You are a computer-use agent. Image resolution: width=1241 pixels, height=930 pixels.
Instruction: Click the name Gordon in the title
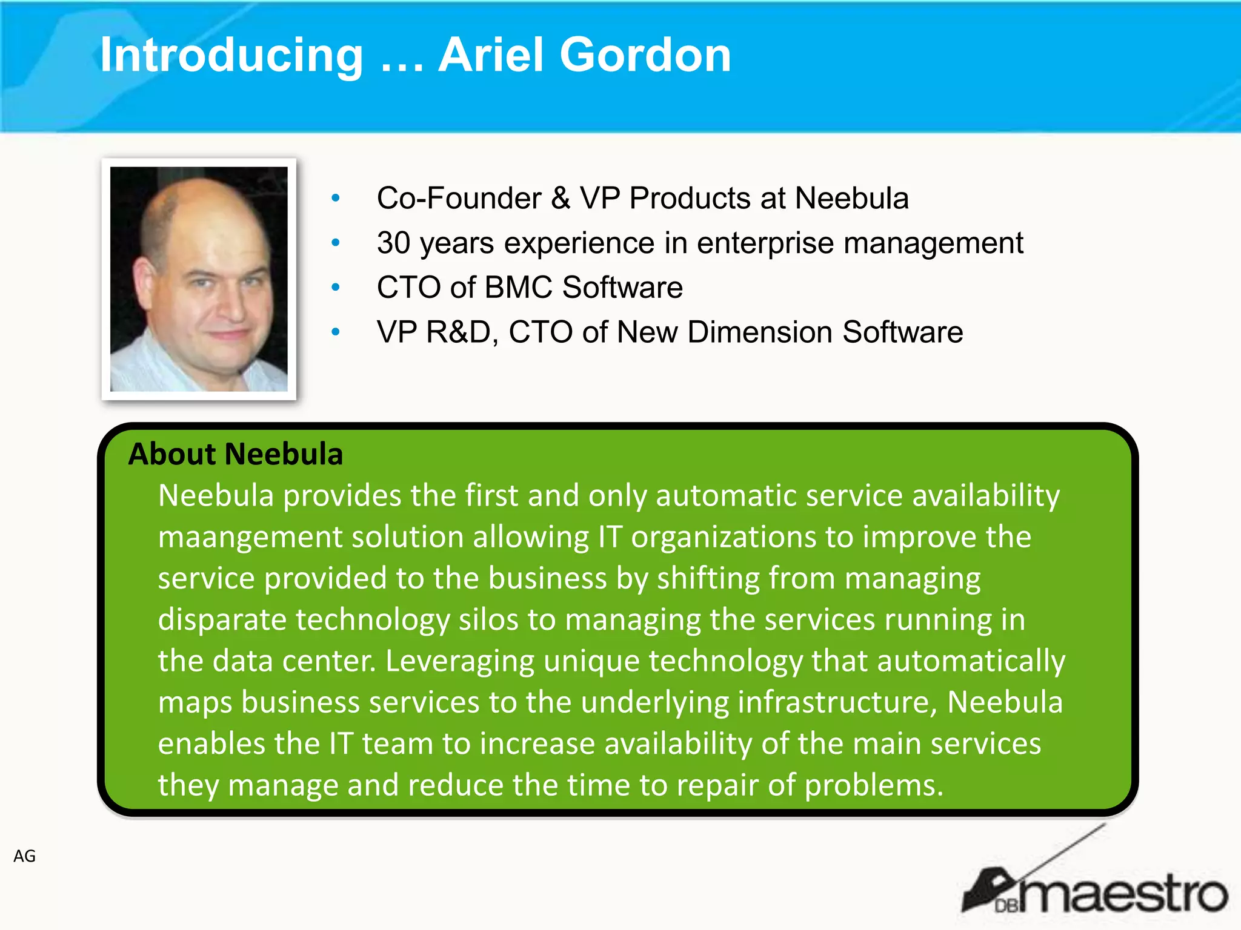coord(645,56)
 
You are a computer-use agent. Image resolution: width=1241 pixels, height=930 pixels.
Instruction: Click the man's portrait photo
coord(199,279)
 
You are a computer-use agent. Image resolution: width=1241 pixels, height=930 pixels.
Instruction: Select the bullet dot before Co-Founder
coord(336,198)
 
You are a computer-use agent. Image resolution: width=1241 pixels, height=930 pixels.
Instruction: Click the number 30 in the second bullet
coord(393,243)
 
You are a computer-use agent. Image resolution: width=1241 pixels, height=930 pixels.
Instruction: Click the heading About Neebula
coord(236,454)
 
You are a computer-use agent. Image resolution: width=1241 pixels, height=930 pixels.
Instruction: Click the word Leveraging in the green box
coord(459,661)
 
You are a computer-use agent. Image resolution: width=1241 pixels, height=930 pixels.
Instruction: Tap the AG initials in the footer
coord(25,856)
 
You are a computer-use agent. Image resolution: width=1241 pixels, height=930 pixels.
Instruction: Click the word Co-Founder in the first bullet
coord(459,198)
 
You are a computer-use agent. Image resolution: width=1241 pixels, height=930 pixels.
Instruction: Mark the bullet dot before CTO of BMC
coord(336,287)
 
